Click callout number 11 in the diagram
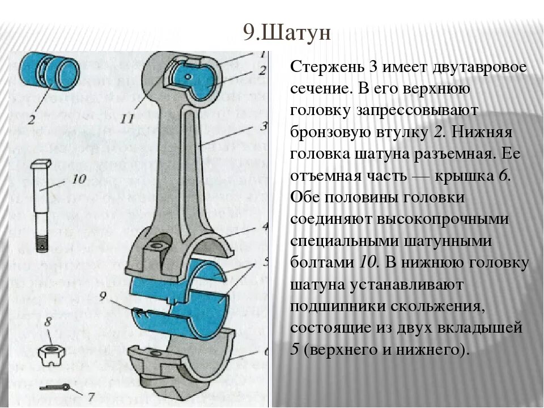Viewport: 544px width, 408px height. (128, 117)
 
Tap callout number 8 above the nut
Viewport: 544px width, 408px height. (48, 322)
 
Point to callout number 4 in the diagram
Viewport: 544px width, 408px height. (264, 228)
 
